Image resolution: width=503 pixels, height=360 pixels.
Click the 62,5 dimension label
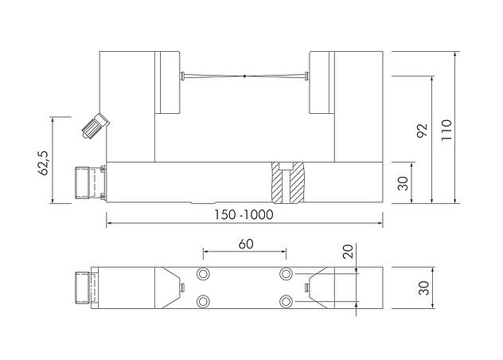45,160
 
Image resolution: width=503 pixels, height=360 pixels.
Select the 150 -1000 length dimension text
244,216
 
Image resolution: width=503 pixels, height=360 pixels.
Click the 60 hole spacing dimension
245,245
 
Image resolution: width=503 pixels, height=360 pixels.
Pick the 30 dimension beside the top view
423,288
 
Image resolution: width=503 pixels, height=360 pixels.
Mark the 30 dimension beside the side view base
403,182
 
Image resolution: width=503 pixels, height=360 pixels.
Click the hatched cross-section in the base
287,182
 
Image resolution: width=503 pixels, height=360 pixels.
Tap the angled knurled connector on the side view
95,124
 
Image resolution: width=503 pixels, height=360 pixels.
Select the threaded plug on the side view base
84,182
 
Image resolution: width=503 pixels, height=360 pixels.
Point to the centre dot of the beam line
244,77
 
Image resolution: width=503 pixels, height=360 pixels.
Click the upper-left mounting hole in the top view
204,274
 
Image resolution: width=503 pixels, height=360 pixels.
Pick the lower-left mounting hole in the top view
204,301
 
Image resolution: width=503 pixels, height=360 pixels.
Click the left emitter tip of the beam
184,77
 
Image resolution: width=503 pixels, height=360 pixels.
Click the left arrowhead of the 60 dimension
206,253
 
